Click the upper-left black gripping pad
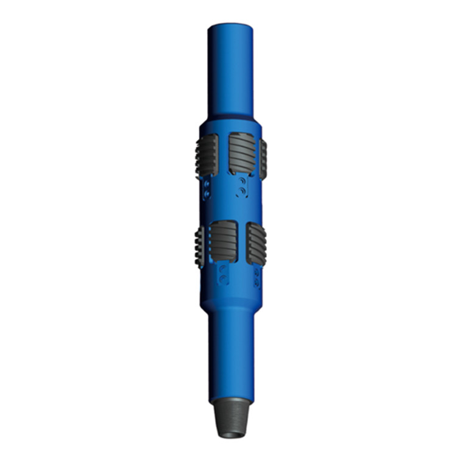[207, 156]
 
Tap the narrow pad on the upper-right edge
[263, 159]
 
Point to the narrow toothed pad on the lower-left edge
[199, 246]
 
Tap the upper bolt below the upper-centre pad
[243, 182]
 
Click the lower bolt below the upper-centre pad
[243, 191]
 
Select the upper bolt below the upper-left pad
[208, 183]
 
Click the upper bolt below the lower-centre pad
[224, 269]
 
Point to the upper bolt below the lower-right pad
[257, 273]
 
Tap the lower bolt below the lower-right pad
[257, 282]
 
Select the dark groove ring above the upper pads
[230, 116]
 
